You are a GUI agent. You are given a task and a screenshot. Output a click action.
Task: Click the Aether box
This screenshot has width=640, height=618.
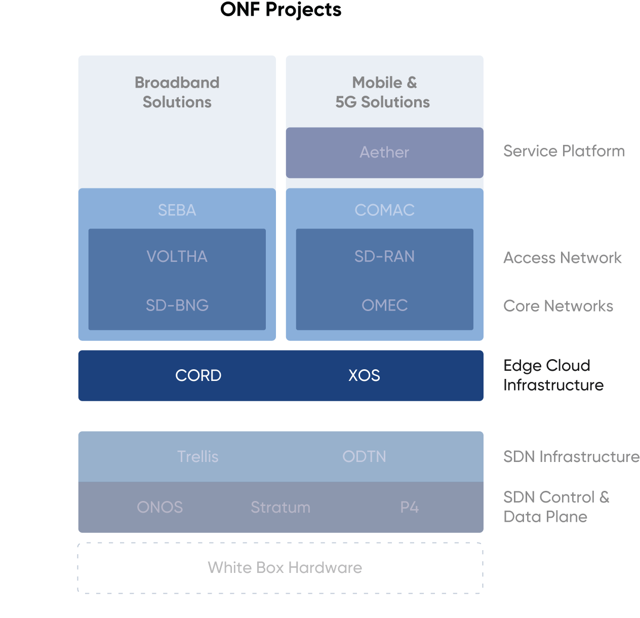384,152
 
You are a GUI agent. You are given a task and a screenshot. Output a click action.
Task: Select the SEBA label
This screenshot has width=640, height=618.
177,210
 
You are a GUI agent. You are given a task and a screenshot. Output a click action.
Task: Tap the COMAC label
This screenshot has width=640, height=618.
384,210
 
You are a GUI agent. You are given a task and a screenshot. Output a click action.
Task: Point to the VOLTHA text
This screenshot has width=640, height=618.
177,256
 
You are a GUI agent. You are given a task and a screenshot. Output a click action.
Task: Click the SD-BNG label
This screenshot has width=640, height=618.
177,305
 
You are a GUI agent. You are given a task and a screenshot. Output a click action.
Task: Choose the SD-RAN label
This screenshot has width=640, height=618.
384,256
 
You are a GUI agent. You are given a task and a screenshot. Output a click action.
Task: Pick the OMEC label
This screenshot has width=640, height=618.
384,305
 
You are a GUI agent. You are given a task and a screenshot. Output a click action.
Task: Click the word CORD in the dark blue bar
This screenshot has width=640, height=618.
198,375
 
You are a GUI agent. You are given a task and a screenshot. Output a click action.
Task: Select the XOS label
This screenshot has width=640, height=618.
364,375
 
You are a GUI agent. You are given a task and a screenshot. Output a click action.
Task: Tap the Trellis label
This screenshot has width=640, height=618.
197,456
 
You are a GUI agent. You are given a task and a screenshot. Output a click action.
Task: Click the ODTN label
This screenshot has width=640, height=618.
364,456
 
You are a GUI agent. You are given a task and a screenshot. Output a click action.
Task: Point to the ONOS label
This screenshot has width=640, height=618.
159,507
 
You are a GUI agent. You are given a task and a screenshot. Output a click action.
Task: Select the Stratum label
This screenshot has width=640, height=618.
281,507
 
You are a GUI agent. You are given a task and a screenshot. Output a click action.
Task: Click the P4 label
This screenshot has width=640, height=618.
409,507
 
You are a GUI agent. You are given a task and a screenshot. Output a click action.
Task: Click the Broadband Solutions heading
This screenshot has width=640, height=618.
177,92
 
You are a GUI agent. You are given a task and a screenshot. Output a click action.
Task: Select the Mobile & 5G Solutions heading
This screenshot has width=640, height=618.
383,92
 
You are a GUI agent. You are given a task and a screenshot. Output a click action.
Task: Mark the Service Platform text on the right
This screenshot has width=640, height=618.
564,151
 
